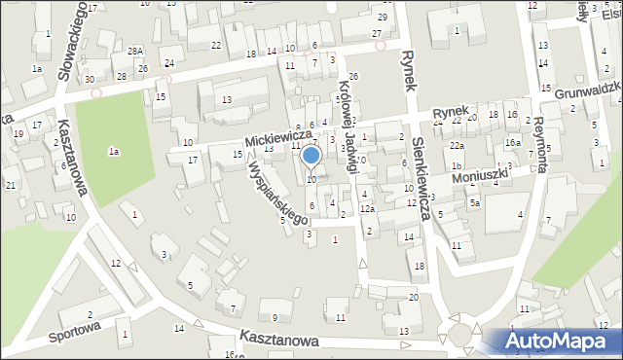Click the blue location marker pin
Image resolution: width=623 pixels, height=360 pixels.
tap(311, 156)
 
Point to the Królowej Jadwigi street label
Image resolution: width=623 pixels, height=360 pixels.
tap(348, 126)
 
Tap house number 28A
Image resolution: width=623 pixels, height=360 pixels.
tap(134, 50)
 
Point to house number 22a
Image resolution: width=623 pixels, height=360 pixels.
tap(456, 145)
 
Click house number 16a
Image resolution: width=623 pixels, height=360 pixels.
tap(512, 144)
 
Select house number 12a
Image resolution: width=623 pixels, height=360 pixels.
tap(367, 209)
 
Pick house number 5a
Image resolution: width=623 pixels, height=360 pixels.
tap(475, 203)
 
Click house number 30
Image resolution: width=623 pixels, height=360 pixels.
tap(90, 79)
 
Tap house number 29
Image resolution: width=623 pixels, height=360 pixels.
tap(384, 18)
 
